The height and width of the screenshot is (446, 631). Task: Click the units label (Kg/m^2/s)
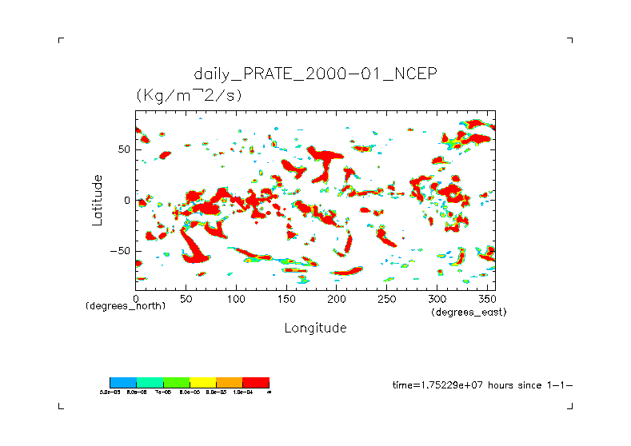tap(189, 95)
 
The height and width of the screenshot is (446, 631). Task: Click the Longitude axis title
tap(315, 328)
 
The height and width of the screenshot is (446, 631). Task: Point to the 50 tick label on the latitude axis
tap(123, 149)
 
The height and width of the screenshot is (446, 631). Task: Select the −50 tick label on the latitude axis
tap(120, 251)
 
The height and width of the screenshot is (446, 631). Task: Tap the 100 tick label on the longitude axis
tap(235, 298)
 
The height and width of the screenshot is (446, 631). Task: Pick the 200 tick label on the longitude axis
tap(336, 298)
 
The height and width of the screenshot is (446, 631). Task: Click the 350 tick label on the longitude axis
tap(486, 298)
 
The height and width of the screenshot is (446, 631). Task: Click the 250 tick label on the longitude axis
tap(386, 298)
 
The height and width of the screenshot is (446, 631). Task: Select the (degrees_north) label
tap(126, 307)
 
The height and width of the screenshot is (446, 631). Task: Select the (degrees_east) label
tap(469, 312)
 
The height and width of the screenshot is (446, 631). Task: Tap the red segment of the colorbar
tap(256, 383)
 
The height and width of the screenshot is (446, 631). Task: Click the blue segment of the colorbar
tap(123, 383)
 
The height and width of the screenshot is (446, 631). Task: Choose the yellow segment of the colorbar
tap(203, 383)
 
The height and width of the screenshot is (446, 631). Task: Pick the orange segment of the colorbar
tap(230, 383)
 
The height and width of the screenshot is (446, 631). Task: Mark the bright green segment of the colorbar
tap(177, 383)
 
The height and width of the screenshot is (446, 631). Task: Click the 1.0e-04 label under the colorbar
tap(241, 392)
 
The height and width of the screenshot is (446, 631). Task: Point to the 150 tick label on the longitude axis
tap(286, 298)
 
